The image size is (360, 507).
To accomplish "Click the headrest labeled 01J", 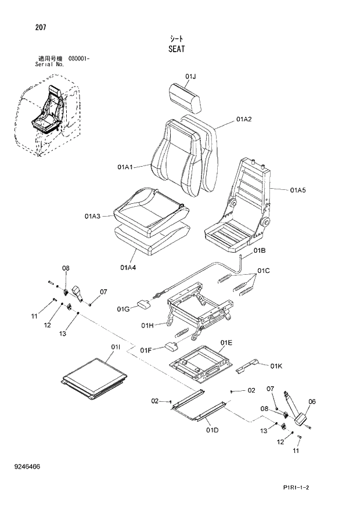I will (185, 97).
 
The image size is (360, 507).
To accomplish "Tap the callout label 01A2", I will (243, 120).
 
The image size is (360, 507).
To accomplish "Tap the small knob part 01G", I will (143, 304).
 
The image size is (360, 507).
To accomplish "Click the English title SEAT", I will (177, 49).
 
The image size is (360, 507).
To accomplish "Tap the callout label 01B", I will (260, 251).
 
